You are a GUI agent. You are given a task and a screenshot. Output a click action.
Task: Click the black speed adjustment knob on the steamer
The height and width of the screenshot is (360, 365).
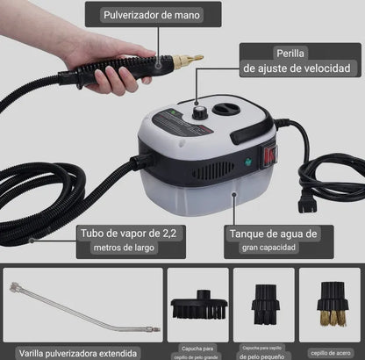pos(201,112)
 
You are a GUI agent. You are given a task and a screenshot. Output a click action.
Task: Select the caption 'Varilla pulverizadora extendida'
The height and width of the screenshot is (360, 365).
pos(82,349)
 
